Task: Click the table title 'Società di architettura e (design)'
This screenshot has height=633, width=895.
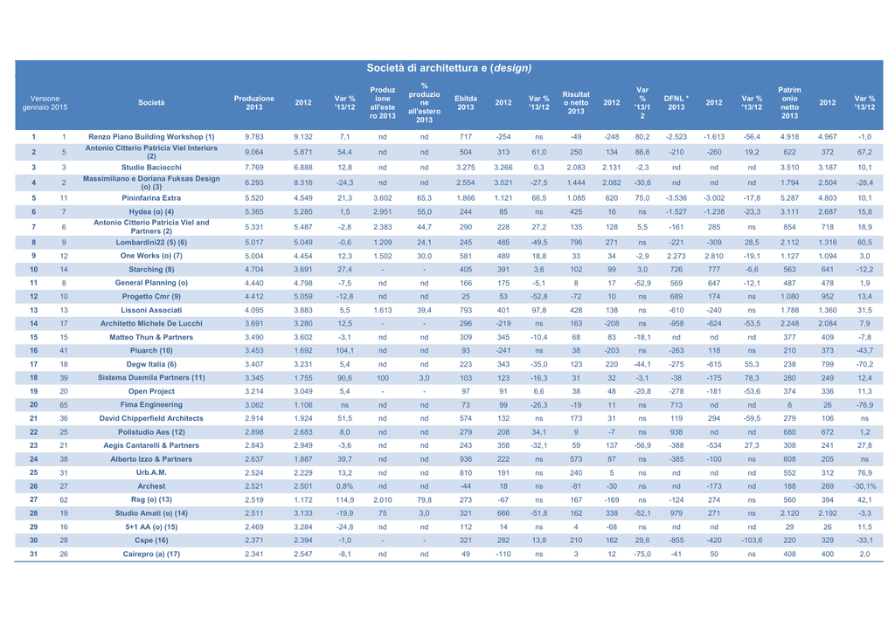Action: (x=448, y=68)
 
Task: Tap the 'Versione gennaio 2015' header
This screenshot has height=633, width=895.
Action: (x=45, y=103)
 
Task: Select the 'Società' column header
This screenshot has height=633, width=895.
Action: (x=151, y=103)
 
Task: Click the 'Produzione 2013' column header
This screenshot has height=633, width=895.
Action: (x=254, y=103)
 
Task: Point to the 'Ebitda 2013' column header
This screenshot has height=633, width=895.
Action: (x=466, y=103)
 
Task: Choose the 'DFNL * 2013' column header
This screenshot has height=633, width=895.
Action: (x=676, y=103)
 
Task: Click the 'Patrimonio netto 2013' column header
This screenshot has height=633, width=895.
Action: (x=789, y=103)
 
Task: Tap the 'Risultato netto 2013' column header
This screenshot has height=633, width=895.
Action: (x=576, y=103)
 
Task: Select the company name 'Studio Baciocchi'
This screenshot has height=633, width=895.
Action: (x=151, y=168)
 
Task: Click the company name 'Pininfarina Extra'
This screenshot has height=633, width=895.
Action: (x=151, y=198)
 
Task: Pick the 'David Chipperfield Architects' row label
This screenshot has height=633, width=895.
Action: (x=151, y=418)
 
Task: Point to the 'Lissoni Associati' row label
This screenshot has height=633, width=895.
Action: (x=151, y=310)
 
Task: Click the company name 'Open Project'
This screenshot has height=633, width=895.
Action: (x=151, y=391)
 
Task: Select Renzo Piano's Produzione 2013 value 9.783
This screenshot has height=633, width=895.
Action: (x=254, y=137)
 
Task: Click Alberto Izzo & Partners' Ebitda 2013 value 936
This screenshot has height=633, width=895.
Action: (x=466, y=459)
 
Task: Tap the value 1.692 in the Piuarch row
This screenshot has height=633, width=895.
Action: (x=303, y=351)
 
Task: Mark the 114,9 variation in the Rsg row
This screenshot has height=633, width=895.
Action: (x=344, y=500)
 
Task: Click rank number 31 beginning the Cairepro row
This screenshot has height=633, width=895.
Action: (x=34, y=554)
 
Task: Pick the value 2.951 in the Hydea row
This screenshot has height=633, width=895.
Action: (x=383, y=211)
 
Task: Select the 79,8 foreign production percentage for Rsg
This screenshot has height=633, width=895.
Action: (x=424, y=500)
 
